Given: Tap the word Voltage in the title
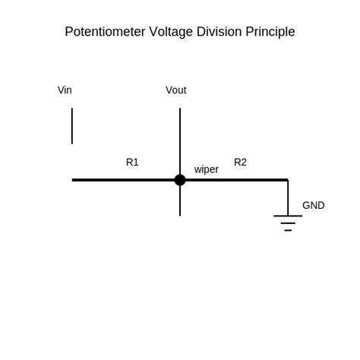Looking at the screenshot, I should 172,32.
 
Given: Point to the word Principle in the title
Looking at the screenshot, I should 270,32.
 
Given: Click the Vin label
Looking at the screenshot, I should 65,90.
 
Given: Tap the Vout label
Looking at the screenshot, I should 175,90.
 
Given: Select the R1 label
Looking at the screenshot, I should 132,162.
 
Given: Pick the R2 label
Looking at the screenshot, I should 240,162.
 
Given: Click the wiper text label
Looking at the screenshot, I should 206,169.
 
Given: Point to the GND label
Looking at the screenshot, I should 313,205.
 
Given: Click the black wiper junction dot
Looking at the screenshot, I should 180,180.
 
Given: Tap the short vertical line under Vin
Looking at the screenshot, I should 72,125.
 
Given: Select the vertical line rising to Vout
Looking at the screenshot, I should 180,141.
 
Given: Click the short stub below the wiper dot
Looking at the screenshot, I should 180,202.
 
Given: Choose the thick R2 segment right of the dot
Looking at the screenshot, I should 235,180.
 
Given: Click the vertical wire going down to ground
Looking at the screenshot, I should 288,197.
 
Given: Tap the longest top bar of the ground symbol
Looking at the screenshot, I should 288,216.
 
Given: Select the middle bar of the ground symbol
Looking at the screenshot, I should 288,223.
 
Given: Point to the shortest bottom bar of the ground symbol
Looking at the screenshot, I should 288,230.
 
